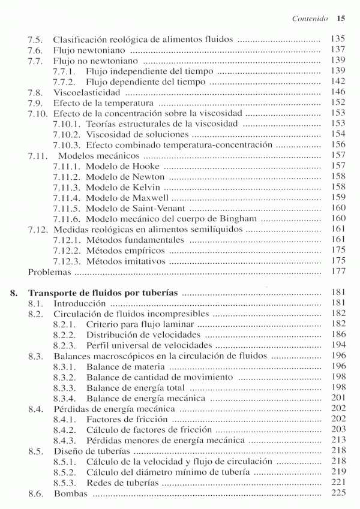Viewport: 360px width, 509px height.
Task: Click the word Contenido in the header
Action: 310,19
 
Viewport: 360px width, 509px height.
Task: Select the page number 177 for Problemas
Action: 339,272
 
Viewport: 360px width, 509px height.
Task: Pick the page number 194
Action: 339,345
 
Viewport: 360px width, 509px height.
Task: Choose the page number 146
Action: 339,92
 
